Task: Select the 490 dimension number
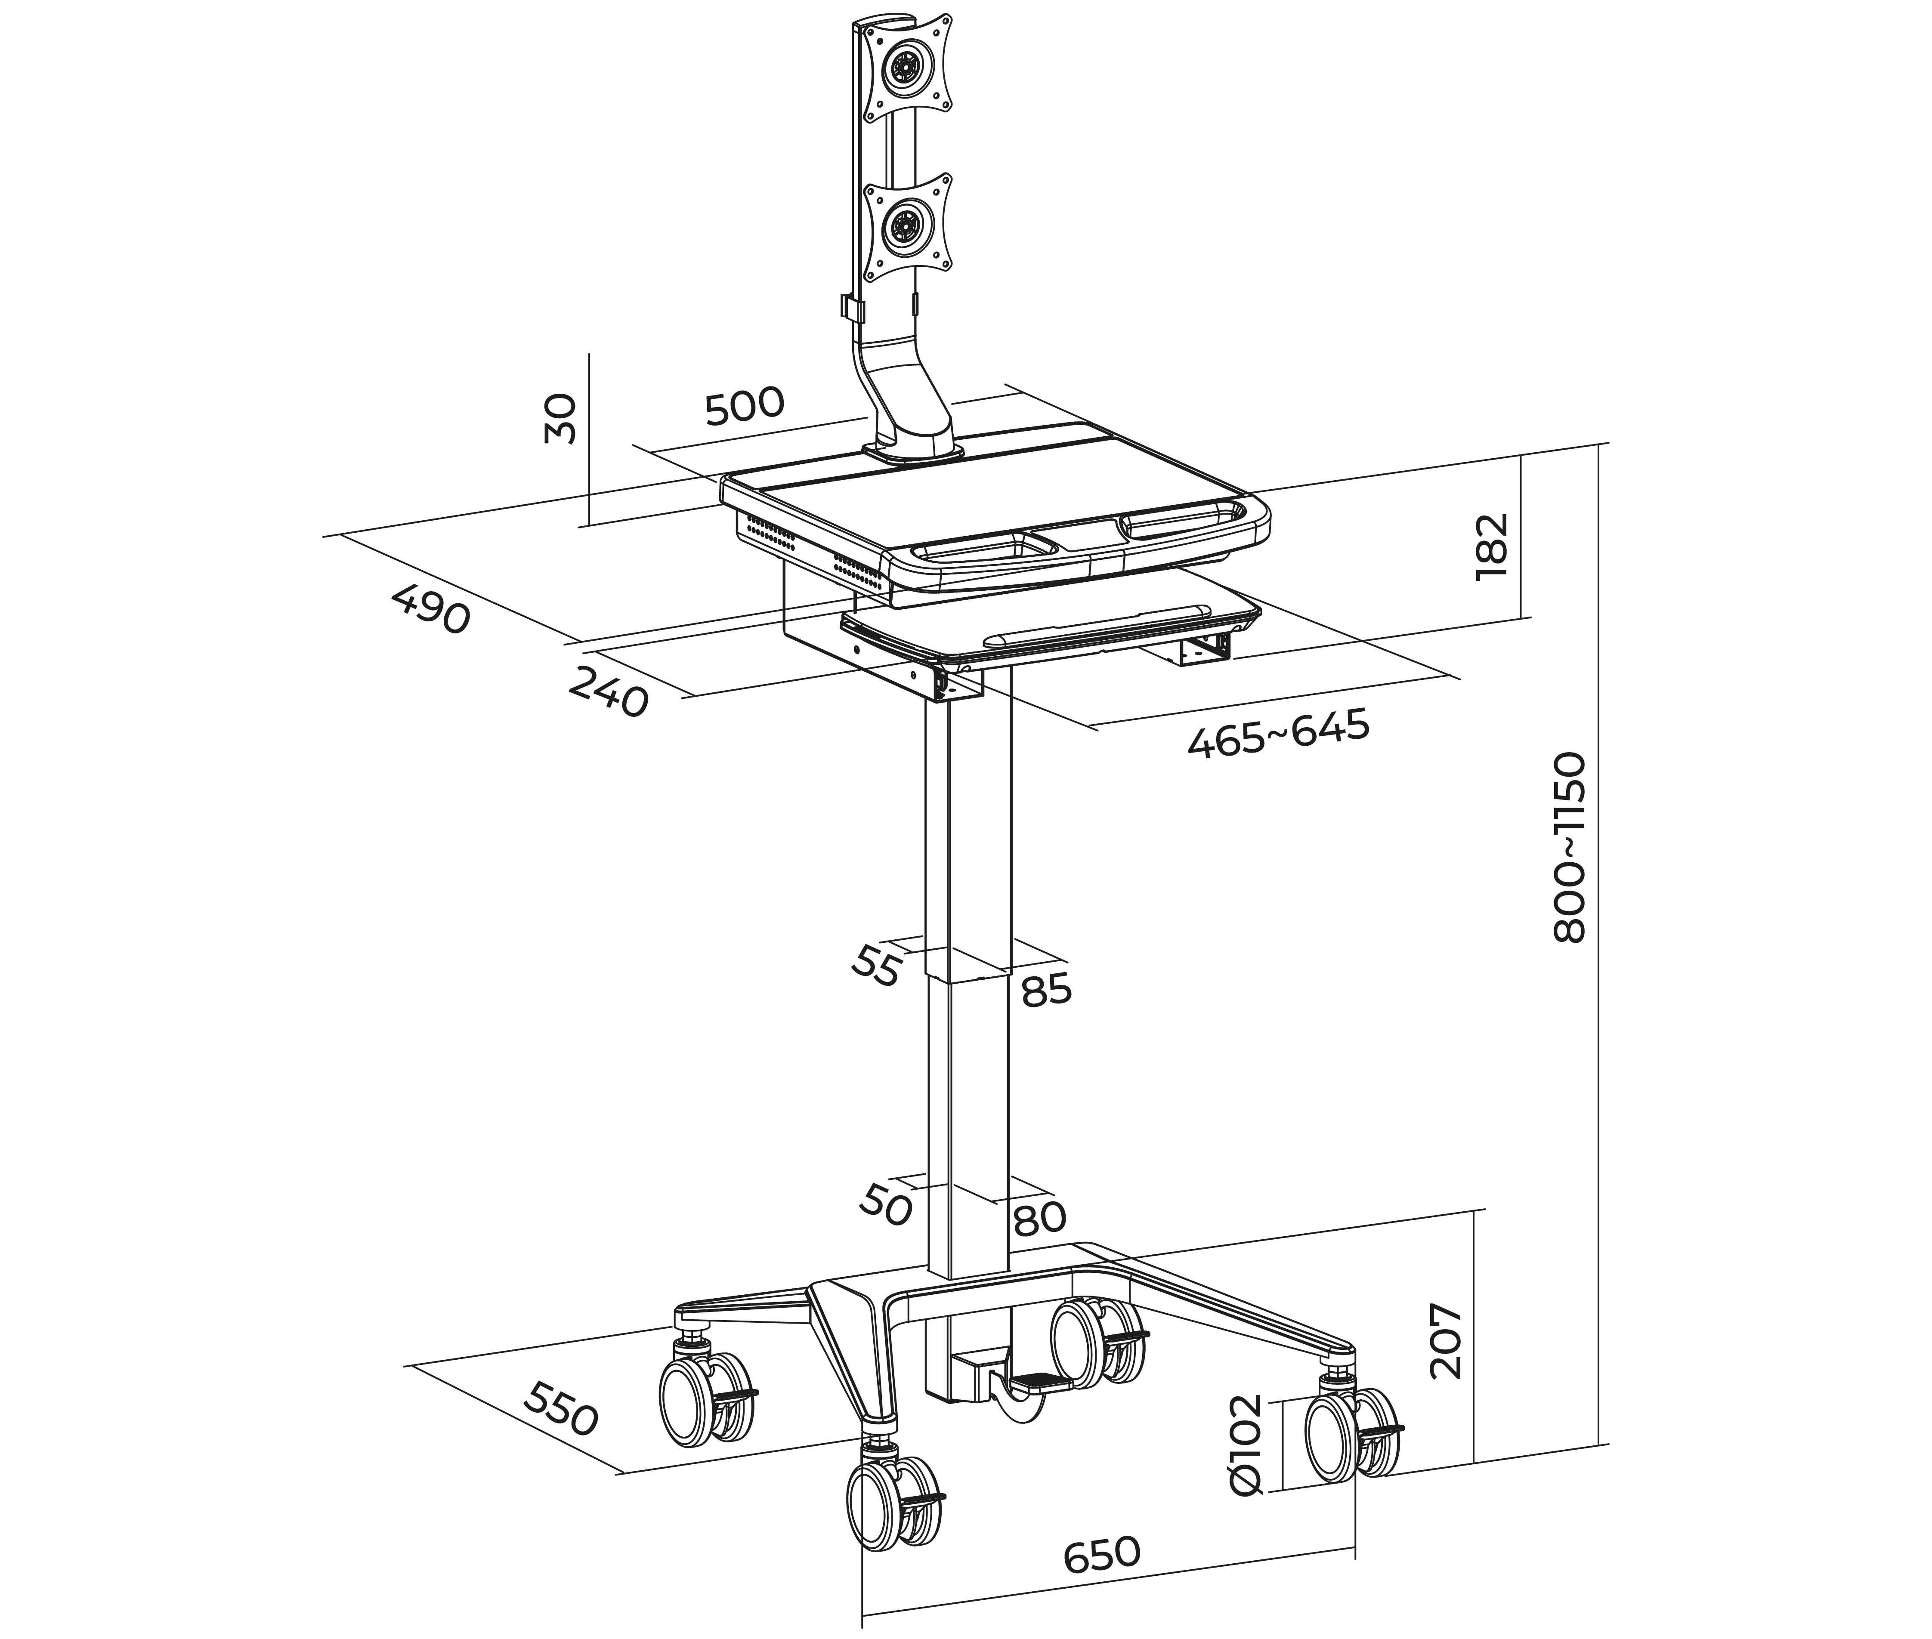(430, 608)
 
